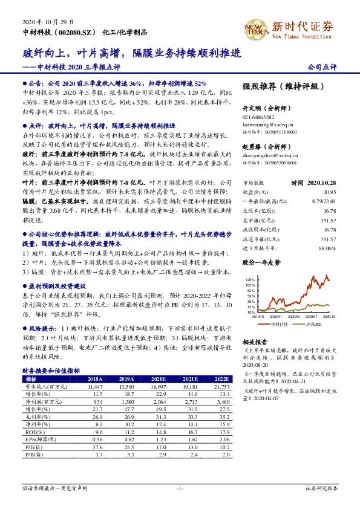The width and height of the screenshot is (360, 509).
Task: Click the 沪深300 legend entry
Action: pyautogui.click(x=312, y=323)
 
